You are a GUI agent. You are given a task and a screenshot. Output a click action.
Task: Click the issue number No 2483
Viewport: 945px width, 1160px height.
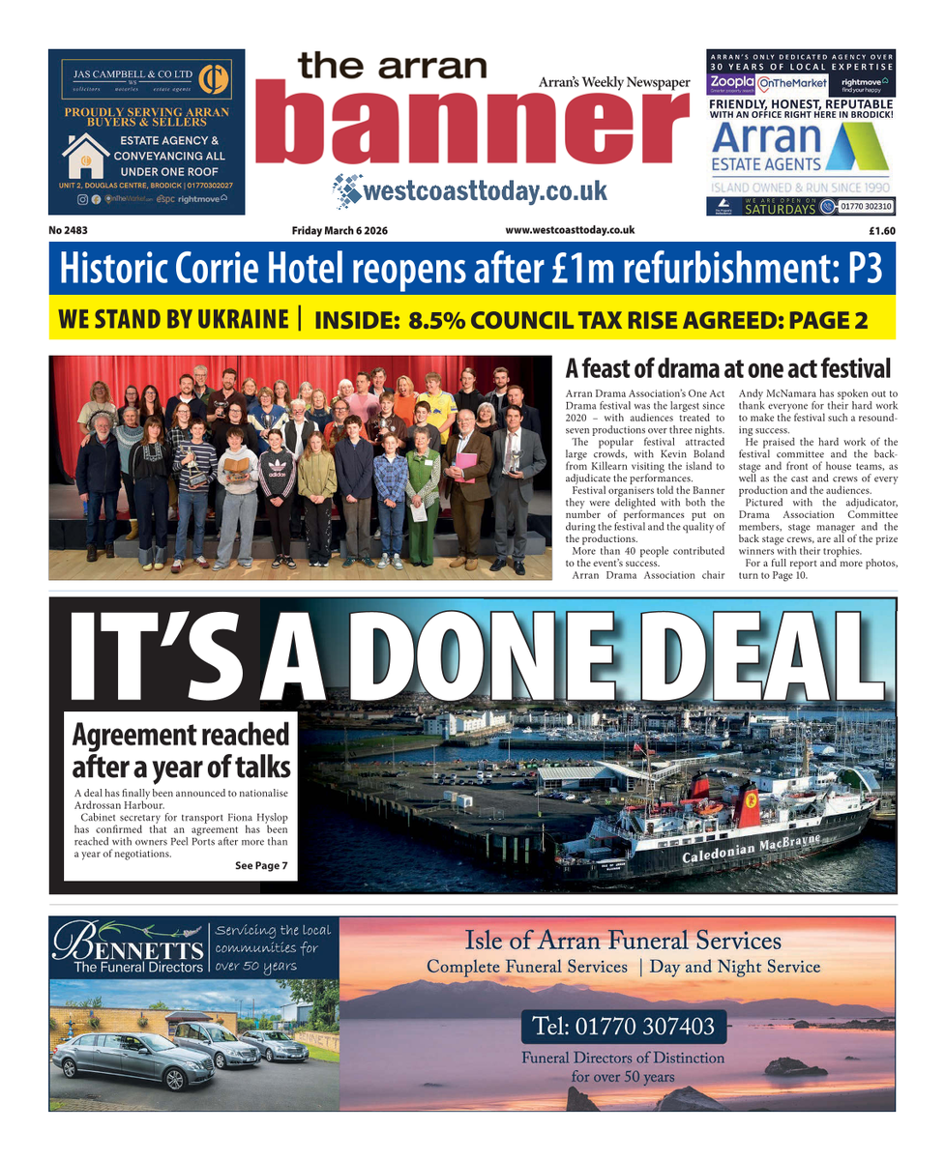click(x=68, y=230)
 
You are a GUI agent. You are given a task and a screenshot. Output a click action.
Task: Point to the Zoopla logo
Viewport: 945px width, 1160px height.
click(x=730, y=84)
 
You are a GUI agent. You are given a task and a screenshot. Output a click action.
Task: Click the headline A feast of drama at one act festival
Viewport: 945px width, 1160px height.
click(x=727, y=369)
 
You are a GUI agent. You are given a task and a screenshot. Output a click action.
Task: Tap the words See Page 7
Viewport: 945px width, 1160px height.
click(x=261, y=865)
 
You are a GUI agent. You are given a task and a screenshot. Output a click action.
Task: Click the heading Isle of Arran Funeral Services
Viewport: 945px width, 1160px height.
click(x=623, y=940)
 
